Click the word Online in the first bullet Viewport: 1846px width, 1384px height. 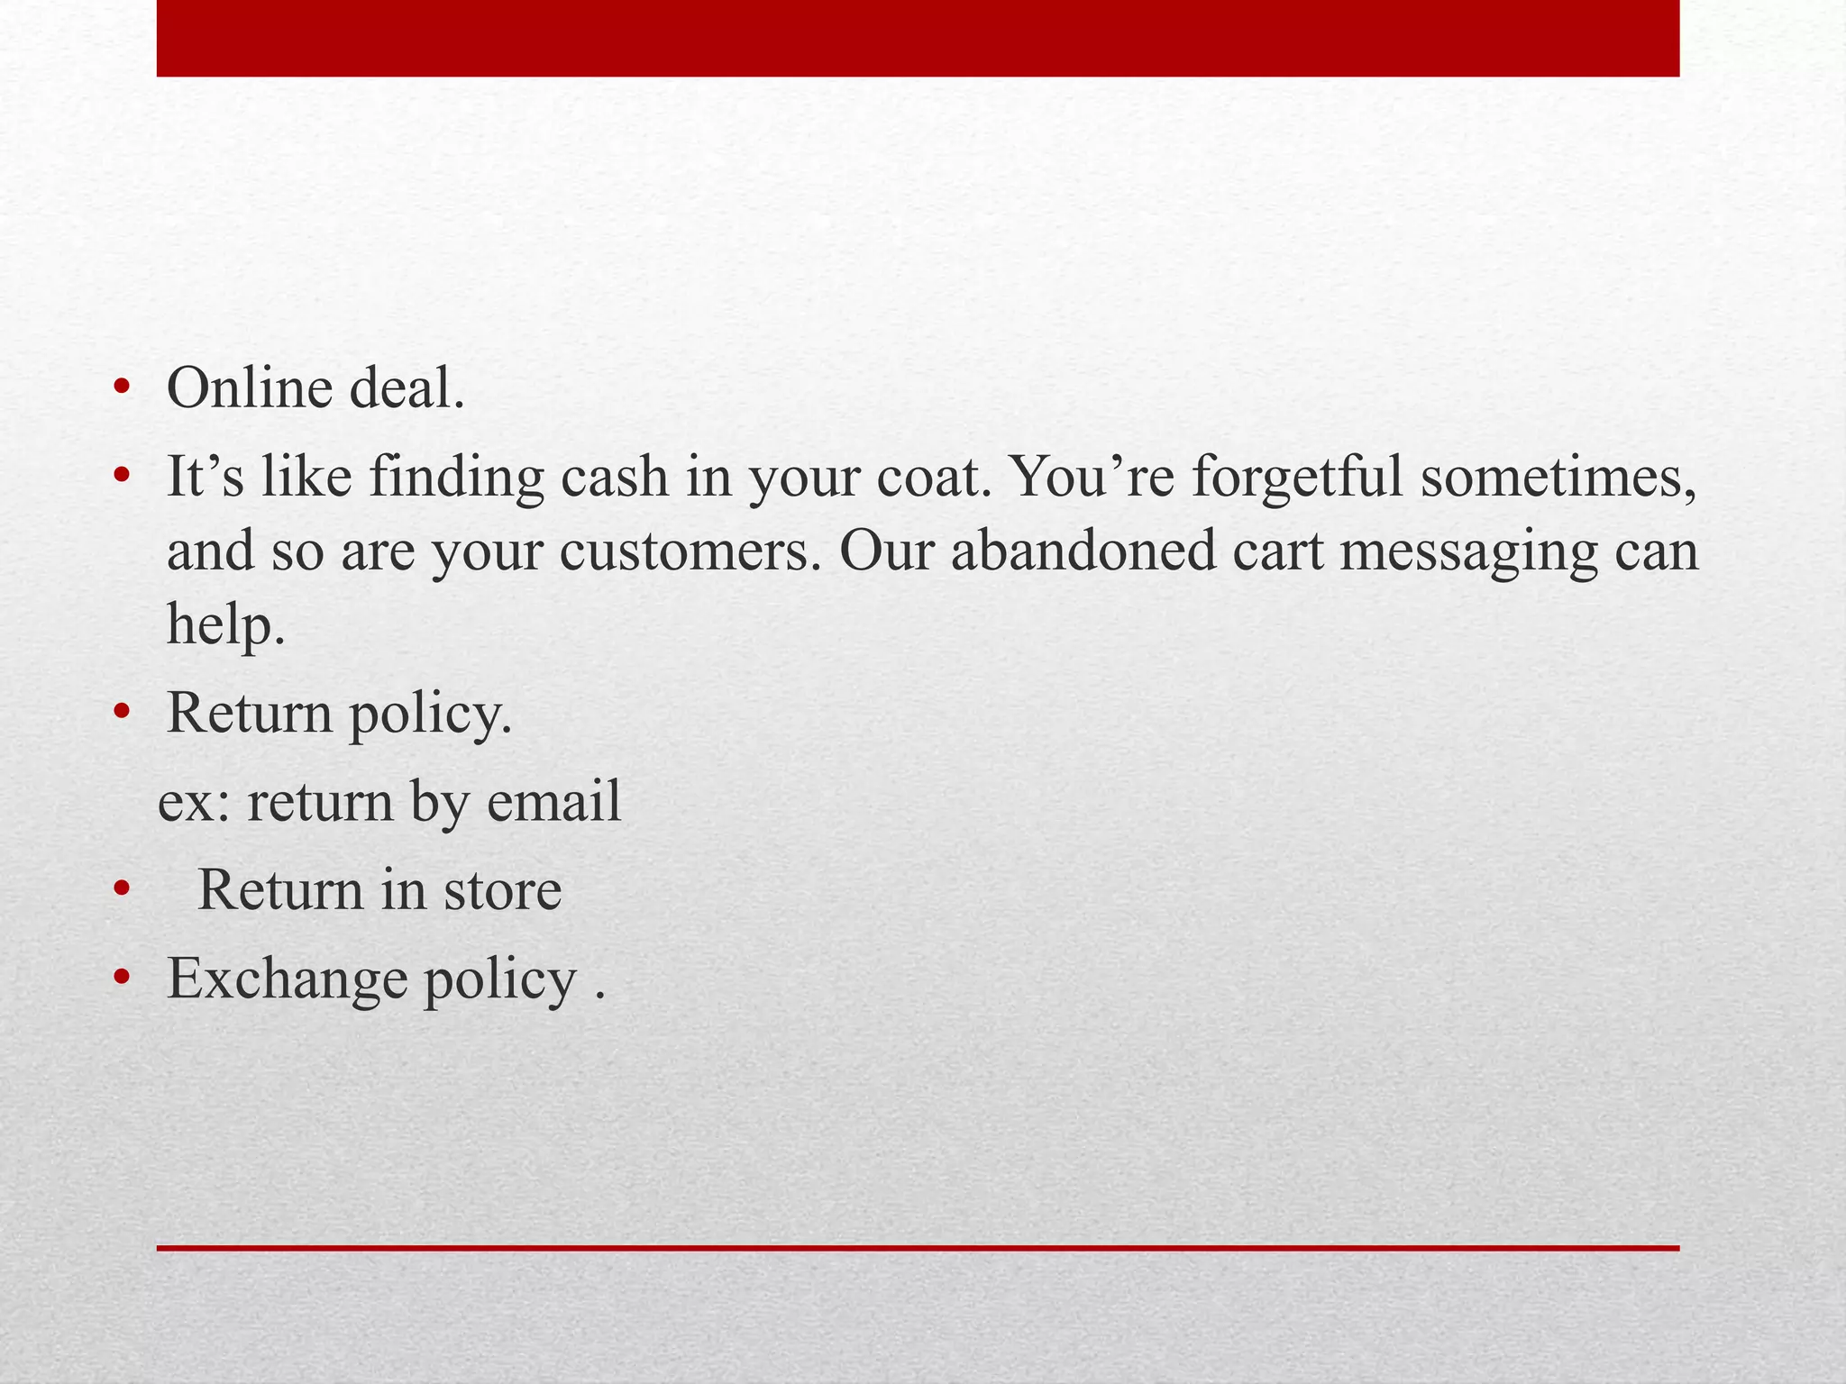point(250,389)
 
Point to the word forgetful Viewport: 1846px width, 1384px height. point(1297,477)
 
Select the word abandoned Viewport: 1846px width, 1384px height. point(1083,551)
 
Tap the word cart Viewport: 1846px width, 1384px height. point(1277,551)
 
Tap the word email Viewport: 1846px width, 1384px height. point(553,801)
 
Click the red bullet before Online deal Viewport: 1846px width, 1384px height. point(123,390)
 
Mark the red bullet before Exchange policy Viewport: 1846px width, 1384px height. point(123,979)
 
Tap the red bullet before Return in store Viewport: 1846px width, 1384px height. point(123,891)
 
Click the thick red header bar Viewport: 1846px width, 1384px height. point(918,38)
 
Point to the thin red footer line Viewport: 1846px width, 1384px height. point(918,1248)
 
